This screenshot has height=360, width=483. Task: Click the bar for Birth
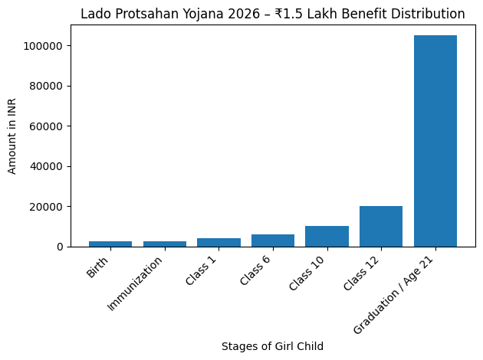(x=110, y=244)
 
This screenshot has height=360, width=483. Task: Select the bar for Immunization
(x=165, y=244)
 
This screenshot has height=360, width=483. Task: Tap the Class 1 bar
(x=219, y=242)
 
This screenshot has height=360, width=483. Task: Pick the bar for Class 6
(x=273, y=241)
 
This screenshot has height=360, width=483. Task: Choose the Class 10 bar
(x=327, y=236)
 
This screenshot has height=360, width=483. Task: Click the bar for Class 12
(x=381, y=226)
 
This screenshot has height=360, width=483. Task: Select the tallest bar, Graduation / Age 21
(x=435, y=141)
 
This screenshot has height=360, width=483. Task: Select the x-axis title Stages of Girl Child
(x=272, y=346)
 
